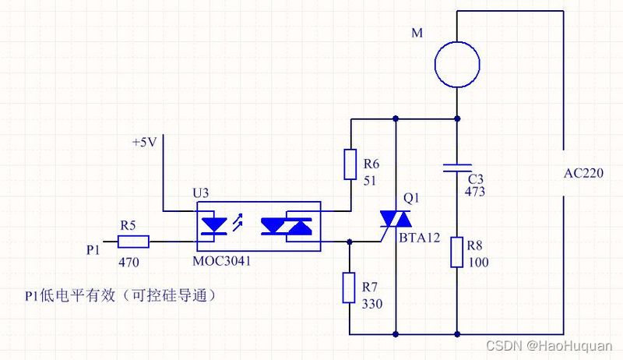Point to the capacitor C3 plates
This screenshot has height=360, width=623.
(x=457, y=168)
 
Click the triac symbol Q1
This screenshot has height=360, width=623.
(x=396, y=219)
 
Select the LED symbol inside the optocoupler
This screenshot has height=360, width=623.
(x=215, y=226)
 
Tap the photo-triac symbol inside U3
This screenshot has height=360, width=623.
(x=286, y=226)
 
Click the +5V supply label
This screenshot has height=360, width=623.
(x=145, y=143)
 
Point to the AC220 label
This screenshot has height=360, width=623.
(x=583, y=173)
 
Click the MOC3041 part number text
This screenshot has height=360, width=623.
(x=222, y=261)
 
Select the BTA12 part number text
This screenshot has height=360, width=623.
(x=420, y=238)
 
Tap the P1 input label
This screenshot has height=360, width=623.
(x=93, y=250)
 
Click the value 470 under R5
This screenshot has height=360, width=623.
(x=128, y=263)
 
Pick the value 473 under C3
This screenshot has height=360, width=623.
(x=475, y=192)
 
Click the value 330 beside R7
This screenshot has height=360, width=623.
(x=372, y=304)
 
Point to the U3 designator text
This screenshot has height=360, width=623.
(x=201, y=193)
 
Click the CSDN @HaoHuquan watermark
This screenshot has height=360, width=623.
(x=549, y=345)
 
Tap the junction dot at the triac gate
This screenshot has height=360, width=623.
(x=350, y=242)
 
